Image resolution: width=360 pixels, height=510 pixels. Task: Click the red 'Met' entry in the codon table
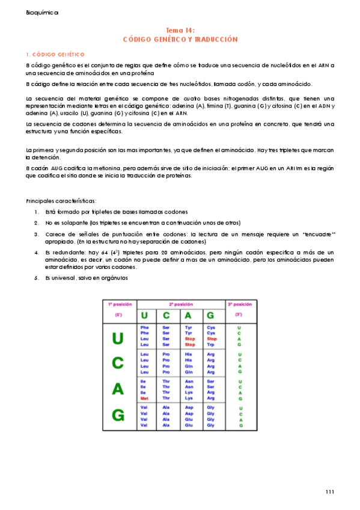(x=144, y=398)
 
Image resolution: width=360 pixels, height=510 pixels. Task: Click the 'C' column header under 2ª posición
(x=166, y=315)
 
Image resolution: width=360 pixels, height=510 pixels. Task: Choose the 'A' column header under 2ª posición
(x=188, y=315)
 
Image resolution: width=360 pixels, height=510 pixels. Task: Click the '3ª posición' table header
(x=240, y=304)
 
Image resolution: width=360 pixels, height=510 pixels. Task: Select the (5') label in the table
(x=118, y=315)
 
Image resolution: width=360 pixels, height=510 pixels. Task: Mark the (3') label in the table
(x=239, y=315)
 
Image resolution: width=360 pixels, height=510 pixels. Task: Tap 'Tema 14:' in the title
(x=180, y=29)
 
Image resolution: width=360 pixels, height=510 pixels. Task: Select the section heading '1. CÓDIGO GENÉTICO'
(x=55, y=54)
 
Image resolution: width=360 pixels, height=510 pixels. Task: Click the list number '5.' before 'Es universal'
(x=37, y=277)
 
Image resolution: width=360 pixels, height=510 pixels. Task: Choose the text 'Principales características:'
(x=61, y=200)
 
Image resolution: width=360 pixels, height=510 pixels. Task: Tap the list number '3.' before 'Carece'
(x=37, y=234)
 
